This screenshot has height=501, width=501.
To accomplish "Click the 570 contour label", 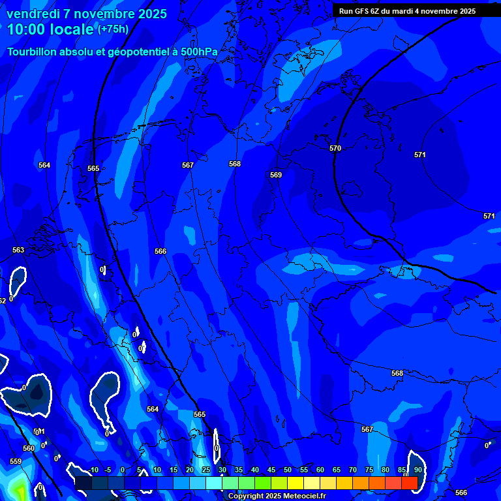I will [x=335, y=149].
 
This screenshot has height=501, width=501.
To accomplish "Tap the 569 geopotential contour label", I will [x=276, y=175].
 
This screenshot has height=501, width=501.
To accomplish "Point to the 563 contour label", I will [x=18, y=250].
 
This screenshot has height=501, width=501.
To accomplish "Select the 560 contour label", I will [x=29, y=448].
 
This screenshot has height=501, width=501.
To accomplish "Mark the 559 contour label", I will [x=16, y=461].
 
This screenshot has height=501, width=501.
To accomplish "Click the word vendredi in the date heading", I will [x=33, y=14].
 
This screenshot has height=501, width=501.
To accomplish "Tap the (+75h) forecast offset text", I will [x=113, y=29].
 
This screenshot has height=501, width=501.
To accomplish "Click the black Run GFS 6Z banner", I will [x=407, y=10].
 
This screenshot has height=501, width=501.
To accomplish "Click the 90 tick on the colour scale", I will [x=417, y=470].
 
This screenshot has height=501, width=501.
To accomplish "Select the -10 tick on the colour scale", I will [x=92, y=470].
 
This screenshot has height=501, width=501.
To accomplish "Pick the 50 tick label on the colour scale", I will [x=288, y=470].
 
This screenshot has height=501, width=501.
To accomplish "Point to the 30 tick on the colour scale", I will [x=222, y=470].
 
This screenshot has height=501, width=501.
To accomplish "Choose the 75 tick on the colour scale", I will [x=369, y=470].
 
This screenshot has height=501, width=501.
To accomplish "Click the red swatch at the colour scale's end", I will [x=410, y=483].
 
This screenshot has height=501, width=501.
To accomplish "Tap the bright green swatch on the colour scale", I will [x=263, y=483].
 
